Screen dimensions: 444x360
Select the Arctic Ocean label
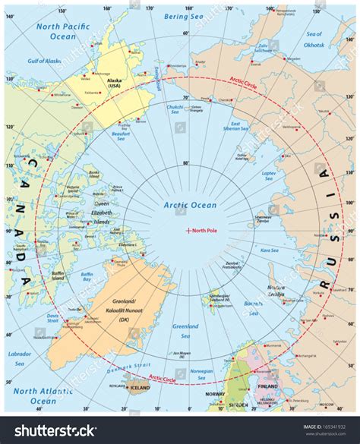point(190,205)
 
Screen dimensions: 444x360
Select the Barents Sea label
point(253,308)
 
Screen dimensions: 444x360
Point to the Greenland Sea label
point(185,329)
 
